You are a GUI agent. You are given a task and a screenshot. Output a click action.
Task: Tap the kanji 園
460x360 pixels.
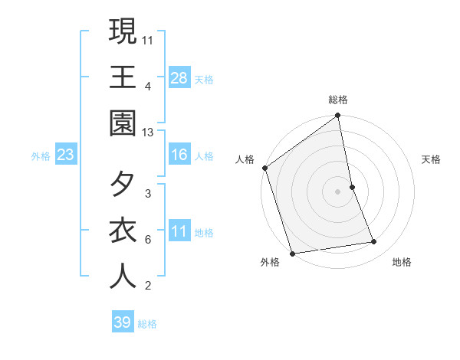pyautogui.click(x=123, y=123)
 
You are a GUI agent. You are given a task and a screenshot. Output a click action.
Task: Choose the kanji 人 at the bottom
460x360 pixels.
pyautogui.click(x=123, y=276)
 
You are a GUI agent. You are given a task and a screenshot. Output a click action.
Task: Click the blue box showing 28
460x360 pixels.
pyautogui.click(x=179, y=77)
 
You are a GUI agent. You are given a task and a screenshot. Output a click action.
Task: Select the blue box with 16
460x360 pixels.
pyautogui.click(x=179, y=155)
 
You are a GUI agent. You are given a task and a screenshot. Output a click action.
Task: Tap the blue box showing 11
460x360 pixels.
pyautogui.click(x=179, y=231)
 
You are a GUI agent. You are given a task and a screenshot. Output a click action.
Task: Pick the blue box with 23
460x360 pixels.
pyautogui.click(x=66, y=155)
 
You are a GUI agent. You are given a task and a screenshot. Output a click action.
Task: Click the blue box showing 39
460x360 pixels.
pyautogui.click(x=123, y=322)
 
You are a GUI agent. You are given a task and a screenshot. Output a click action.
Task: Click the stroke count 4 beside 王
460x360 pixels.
pyautogui.click(x=148, y=86)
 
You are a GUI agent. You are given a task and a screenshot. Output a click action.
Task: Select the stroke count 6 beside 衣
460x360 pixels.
pyautogui.click(x=148, y=239)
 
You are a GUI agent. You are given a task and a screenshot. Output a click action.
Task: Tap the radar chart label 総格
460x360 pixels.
pyautogui.click(x=338, y=100)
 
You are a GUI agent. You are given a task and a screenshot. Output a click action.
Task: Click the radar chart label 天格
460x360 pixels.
pyautogui.click(x=432, y=159)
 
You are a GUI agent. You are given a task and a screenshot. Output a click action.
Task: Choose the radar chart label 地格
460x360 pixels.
pyautogui.click(x=402, y=263)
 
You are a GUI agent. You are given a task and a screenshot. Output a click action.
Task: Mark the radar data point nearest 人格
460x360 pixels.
pyautogui.click(x=265, y=168)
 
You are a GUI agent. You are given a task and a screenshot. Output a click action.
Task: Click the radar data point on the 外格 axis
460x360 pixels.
pyautogui.click(x=292, y=253)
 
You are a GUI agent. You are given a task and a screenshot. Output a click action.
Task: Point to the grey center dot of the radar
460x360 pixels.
pyautogui.click(x=338, y=191)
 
